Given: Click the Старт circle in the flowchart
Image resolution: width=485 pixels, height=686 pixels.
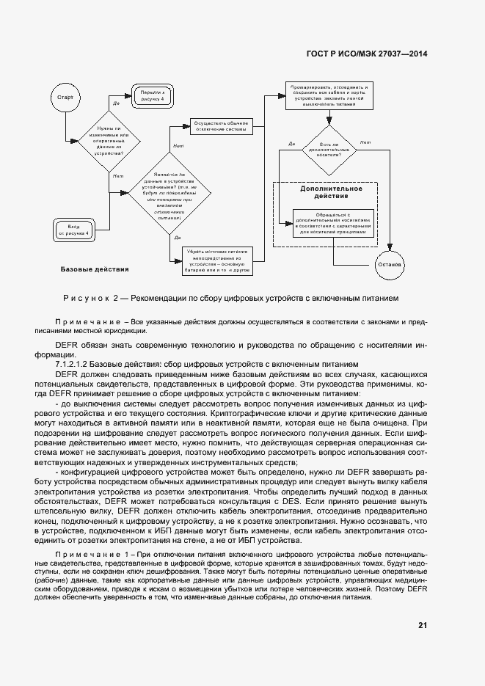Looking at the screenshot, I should tap(65, 97).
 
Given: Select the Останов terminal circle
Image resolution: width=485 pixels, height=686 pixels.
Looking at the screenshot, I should tap(389, 263).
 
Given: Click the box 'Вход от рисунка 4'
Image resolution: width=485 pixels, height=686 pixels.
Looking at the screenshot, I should tap(79, 230).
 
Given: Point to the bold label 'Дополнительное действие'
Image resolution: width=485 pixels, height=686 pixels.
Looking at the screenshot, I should tap(331, 192).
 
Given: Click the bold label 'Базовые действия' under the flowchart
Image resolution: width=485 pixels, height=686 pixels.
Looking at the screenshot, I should tap(95, 269).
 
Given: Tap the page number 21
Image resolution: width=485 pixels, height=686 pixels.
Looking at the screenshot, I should tap(422, 625).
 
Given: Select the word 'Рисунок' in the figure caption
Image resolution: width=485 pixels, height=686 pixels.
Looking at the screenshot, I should tap(87, 299).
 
